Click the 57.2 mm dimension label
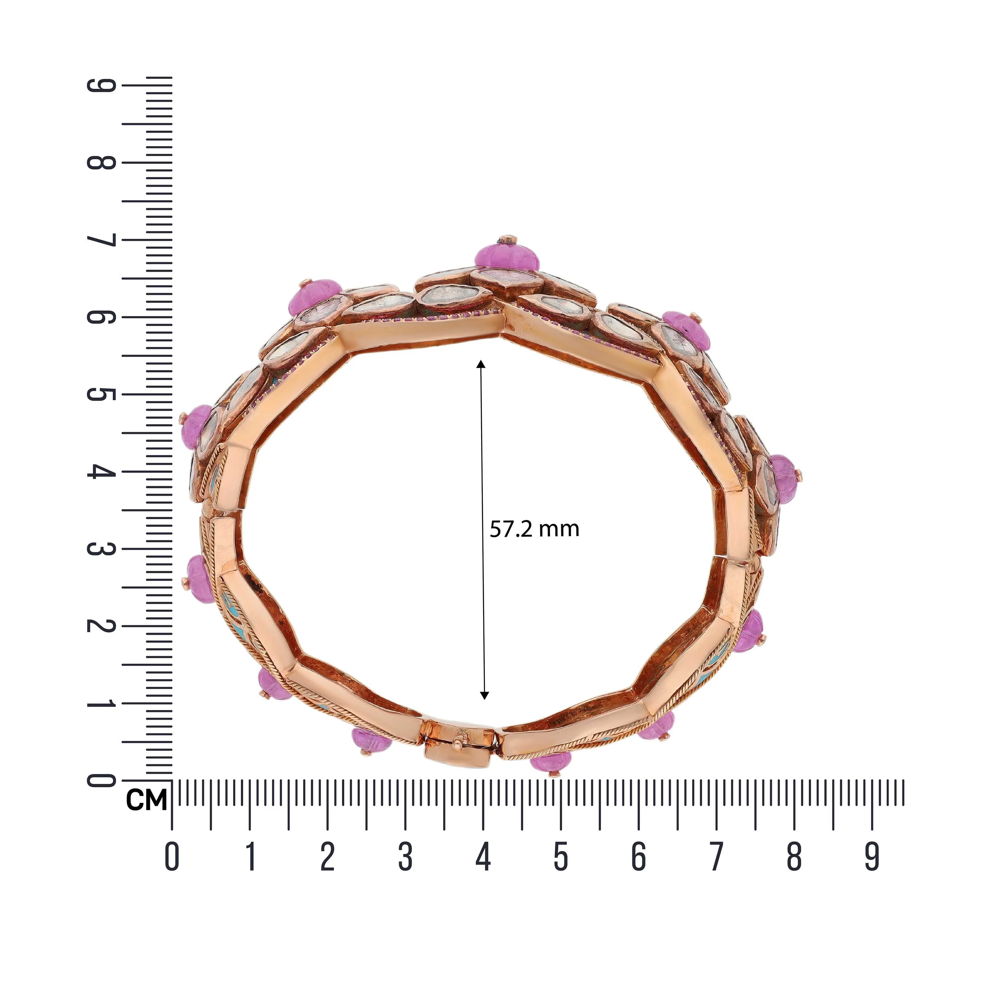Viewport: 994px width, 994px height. click(534, 529)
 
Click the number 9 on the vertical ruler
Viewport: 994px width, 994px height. click(101, 85)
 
